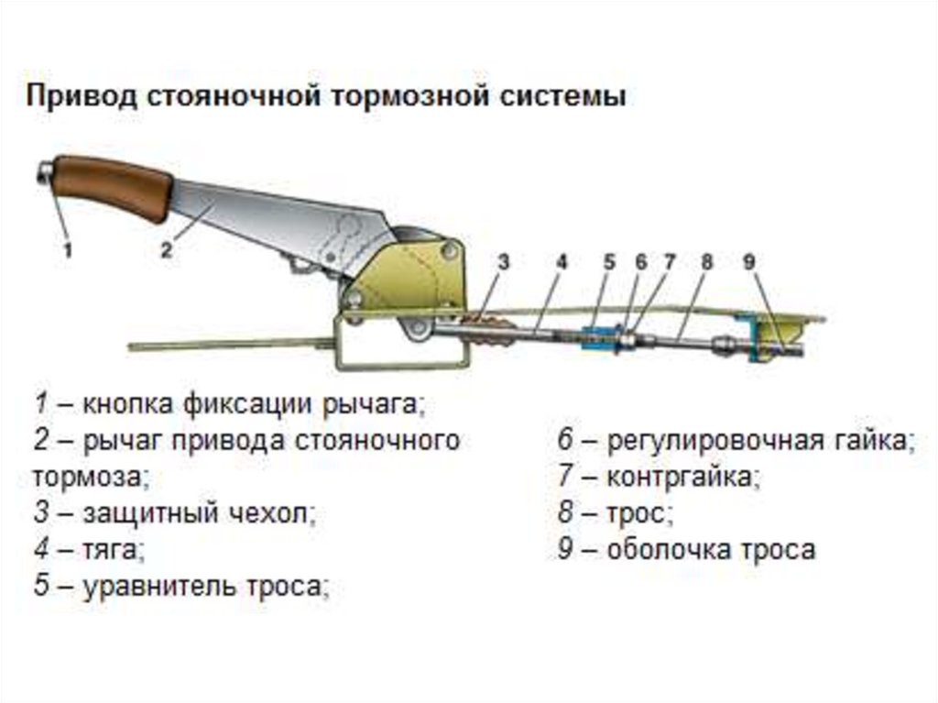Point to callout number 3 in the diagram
(503, 262)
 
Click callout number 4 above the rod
(561, 262)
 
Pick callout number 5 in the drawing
(609, 262)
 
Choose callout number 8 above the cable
(705, 262)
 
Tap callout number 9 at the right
(749, 262)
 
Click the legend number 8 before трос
(565, 513)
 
